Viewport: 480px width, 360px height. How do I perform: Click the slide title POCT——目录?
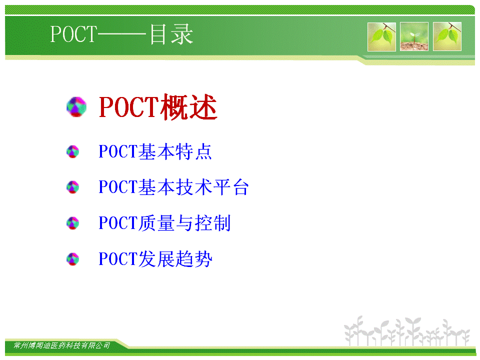pos(121,34)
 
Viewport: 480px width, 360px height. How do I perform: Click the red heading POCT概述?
pos(158,107)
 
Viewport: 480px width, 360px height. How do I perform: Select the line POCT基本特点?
pos(155,151)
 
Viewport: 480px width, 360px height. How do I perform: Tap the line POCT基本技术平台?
pos(173,187)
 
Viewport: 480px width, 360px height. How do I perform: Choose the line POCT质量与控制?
pos(164,223)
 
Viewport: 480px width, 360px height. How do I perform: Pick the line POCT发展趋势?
pos(155,259)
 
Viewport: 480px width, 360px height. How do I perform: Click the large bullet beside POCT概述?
pos(76,107)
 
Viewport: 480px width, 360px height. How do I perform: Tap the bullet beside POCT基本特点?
pos(73,151)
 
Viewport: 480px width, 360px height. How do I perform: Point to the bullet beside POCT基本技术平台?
pos(73,187)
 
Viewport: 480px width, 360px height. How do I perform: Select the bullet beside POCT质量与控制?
pos(73,223)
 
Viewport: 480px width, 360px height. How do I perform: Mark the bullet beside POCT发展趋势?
pos(73,259)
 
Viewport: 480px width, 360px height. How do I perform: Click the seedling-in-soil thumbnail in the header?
pos(414,36)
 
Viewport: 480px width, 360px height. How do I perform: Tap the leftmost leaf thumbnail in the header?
pos(381,36)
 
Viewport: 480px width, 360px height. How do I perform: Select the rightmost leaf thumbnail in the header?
pos(447,36)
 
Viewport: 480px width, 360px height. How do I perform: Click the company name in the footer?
pos(62,345)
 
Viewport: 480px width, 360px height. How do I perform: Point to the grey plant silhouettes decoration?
pos(407,331)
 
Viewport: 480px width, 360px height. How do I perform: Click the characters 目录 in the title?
pos(171,34)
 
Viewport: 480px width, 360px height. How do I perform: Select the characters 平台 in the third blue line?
pos(231,187)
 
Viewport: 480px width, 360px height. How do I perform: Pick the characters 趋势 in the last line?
pos(194,259)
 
